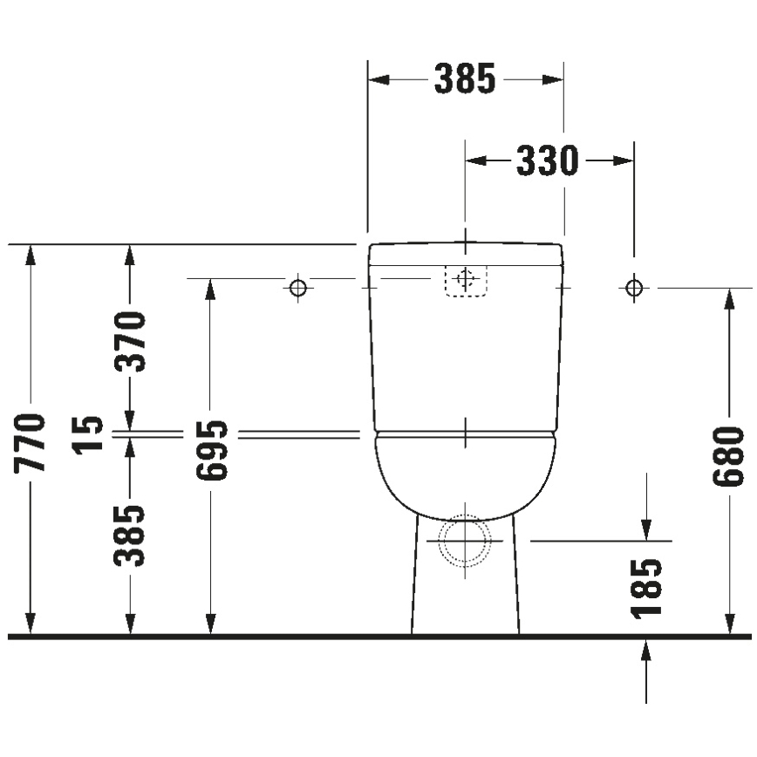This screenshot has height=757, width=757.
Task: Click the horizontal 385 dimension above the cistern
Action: click(465, 80)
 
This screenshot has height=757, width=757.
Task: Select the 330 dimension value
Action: click(547, 161)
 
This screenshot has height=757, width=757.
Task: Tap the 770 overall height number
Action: click(31, 443)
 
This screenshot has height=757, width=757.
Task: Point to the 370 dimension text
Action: click(131, 341)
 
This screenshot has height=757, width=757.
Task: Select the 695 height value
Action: click(211, 451)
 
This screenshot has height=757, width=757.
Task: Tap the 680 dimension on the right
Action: click(729, 456)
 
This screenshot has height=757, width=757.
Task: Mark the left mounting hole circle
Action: click(298, 287)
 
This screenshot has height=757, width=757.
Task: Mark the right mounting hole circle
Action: click(634, 287)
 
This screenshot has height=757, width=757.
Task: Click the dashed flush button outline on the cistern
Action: click(466, 280)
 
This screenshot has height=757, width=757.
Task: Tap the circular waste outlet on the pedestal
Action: click(465, 541)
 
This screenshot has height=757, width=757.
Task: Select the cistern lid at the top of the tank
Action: click(465, 254)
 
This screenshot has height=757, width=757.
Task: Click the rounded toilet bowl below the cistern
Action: click(465, 472)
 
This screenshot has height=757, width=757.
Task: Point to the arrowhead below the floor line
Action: click(646, 651)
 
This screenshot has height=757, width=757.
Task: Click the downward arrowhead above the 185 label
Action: click(646, 528)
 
